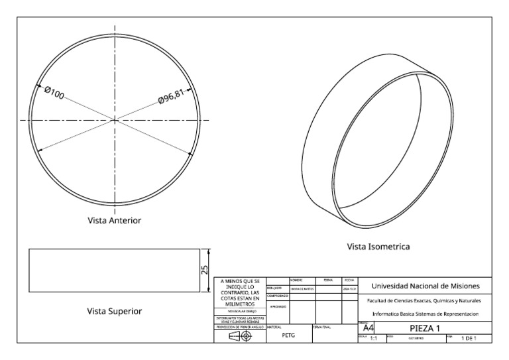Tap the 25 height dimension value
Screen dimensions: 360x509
pos(204,269)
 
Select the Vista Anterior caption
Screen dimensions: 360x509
pos(114,219)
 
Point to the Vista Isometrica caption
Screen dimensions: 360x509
pos(378,246)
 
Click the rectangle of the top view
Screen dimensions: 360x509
pos(114,270)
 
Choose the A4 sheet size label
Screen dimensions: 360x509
pos(370,328)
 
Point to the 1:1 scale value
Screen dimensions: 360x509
pos(372,338)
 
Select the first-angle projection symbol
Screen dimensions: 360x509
pos(241,336)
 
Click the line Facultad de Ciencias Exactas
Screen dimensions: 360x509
pos(424,300)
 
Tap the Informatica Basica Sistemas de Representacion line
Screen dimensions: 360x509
pos(424,314)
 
